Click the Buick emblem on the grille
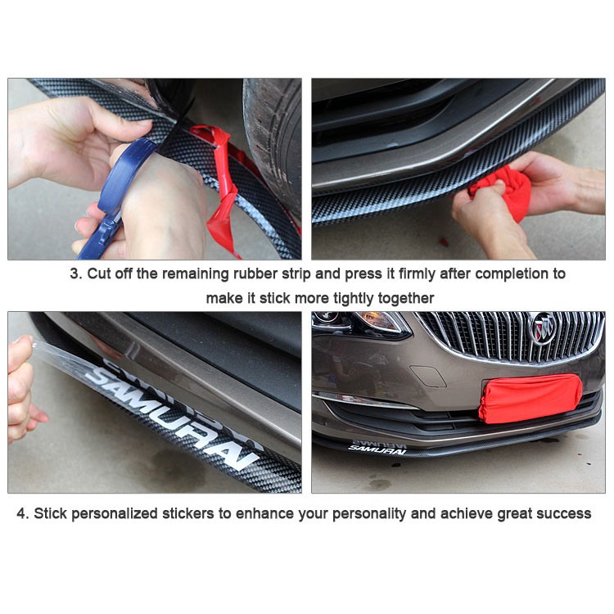[x=542, y=328]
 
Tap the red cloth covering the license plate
[x=530, y=398]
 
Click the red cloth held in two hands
[x=501, y=192]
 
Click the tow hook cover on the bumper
[x=427, y=376]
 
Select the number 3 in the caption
[x=74, y=273]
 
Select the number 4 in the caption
[x=21, y=513]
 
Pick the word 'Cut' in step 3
[x=98, y=273]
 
